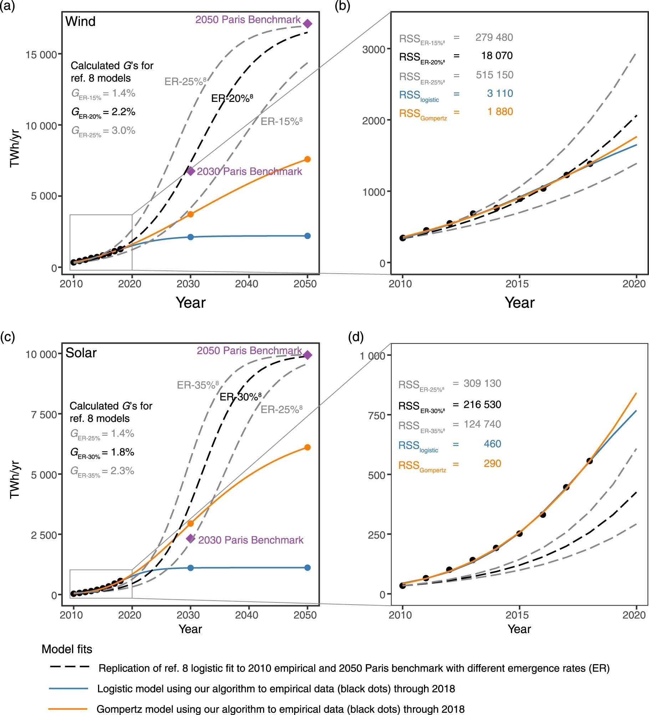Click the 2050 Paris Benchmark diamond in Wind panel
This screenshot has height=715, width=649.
tap(307, 24)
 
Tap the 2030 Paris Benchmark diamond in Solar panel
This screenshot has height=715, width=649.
tap(191, 538)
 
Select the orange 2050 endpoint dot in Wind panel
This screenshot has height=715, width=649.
tap(307, 159)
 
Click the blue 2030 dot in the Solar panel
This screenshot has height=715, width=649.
tap(190, 568)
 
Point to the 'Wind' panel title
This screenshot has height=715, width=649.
tap(81, 21)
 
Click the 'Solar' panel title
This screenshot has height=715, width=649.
tap(81, 353)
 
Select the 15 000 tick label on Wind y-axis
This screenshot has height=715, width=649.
tap(41, 55)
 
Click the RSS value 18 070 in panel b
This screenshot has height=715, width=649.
tap(496, 56)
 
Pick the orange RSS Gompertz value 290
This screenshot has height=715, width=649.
tap(492, 463)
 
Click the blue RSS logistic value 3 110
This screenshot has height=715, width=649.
tap(500, 93)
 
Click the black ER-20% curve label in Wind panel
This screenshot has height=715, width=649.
tap(232, 98)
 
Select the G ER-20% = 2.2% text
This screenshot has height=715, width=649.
tap(103, 112)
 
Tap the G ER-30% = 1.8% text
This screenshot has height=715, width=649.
tap(102, 452)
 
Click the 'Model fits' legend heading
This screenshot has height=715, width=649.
tap(67, 649)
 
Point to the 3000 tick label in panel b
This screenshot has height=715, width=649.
tap(374, 50)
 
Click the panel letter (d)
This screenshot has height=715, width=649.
tap(356, 337)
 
